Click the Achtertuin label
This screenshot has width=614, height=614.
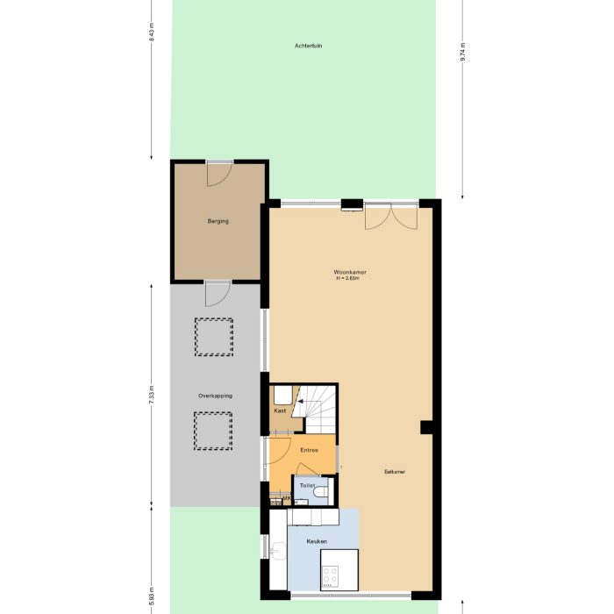coord(308,46)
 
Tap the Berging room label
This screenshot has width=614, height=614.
coord(218,221)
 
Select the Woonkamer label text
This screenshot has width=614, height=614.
coord(350,272)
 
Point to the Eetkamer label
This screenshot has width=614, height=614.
coord(395,472)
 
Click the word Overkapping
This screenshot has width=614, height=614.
coord(215,396)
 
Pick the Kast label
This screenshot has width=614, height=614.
coord(280,411)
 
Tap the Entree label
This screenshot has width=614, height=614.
coord(309,450)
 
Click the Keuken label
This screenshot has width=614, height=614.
coord(317,541)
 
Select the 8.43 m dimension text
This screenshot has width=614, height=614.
coord(152,33)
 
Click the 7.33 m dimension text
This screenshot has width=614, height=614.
coord(152,394)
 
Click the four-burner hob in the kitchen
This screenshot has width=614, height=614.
coord(332,575)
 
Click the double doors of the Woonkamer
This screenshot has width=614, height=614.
coord(391,216)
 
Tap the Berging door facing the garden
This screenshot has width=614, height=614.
coord(218,172)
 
